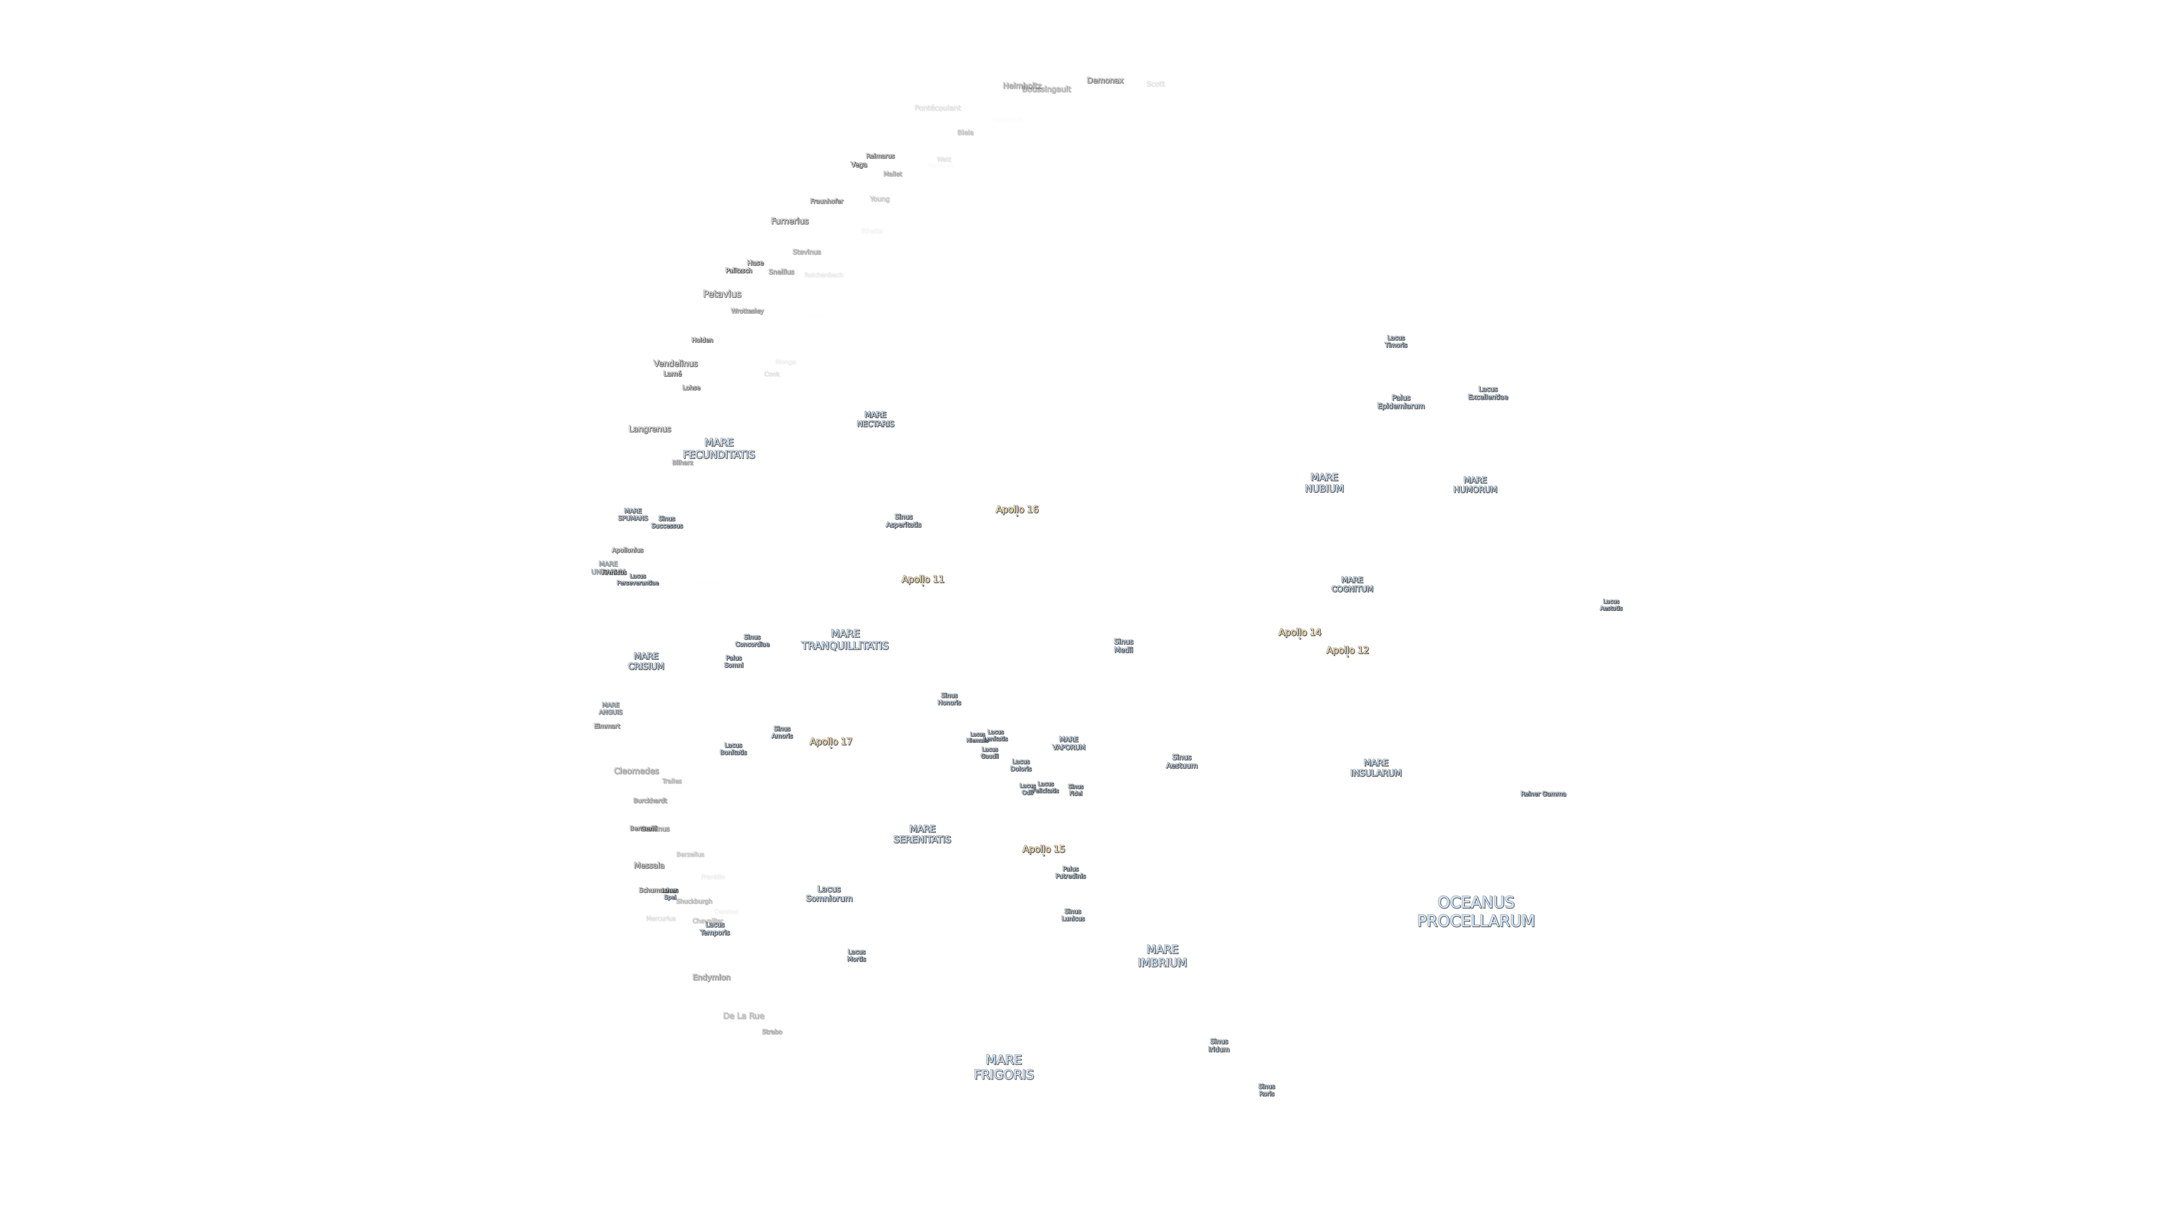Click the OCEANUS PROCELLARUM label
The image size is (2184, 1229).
(1475, 912)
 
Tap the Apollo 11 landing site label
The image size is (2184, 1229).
(923, 579)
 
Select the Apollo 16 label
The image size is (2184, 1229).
(1017, 510)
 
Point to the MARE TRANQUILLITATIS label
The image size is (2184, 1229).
(844, 640)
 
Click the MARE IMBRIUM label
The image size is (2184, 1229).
(1161, 956)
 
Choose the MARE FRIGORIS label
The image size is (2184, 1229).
(1003, 1067)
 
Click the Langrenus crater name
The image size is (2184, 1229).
(650, 429)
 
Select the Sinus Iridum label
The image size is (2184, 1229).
(1218, 1045)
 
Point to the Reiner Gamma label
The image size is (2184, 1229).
(1543, 794)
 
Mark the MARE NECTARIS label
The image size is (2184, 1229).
(875, 419)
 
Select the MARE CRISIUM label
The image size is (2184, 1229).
(645, 661)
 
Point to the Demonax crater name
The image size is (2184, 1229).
(1105, 80)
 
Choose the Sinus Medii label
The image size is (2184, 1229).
(1123, 646)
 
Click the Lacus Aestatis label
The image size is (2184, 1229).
(1611, 605)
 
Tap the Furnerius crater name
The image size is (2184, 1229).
(789, 222)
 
